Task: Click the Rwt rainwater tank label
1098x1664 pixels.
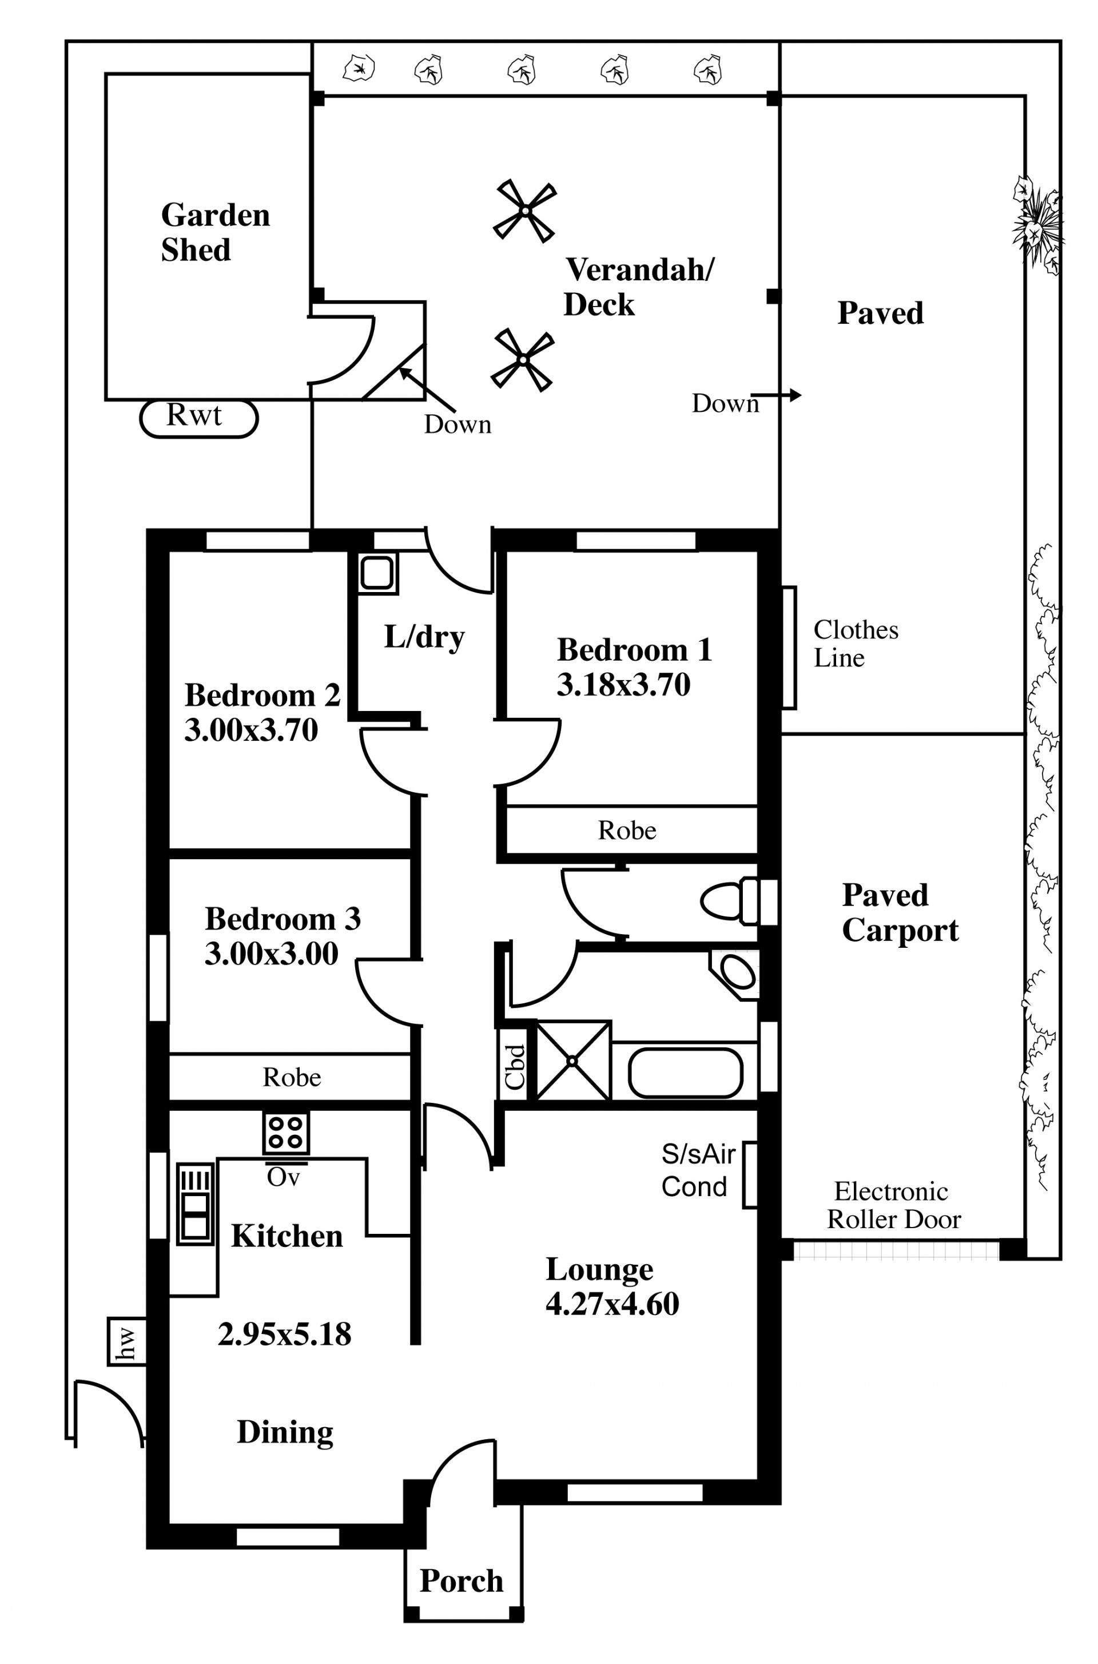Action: [194, 416]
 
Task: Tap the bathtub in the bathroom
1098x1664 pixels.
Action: [685, 1072]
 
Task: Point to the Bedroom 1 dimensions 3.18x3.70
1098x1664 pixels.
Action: [623, 685]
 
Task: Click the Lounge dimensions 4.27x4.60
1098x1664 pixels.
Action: [612, 1304]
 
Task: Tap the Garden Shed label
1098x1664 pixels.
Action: [215, 232]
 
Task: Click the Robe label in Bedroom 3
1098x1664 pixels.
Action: [292, 1077]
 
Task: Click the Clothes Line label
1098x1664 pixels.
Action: [855, 644]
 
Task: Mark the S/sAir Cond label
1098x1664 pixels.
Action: [698, 1170]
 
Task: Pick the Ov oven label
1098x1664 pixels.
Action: [283, 1177]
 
